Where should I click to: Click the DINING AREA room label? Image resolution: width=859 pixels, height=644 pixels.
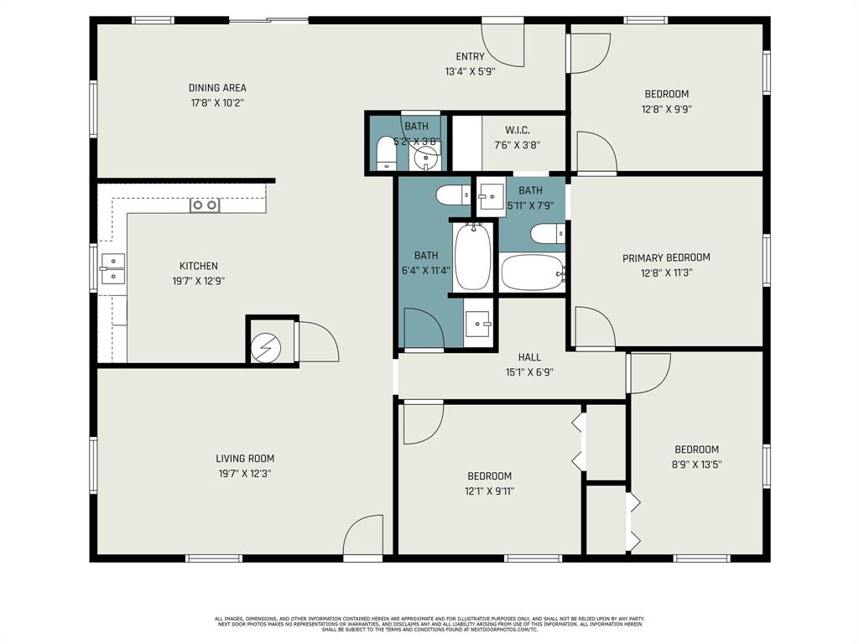217,88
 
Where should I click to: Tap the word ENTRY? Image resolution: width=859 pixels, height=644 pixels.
470,57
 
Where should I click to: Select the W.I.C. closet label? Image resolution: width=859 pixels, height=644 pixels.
516,130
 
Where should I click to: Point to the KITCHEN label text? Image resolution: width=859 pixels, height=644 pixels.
198,267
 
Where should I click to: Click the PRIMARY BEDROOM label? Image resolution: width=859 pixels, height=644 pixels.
666,258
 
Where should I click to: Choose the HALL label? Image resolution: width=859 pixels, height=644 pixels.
528,357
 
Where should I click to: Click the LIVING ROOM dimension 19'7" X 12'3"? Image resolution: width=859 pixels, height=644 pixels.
244,474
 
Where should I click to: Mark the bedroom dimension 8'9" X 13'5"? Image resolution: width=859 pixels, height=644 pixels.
696,465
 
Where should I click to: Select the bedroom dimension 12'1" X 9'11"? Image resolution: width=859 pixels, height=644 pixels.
490,491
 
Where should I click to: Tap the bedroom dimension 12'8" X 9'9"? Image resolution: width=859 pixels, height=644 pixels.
667,109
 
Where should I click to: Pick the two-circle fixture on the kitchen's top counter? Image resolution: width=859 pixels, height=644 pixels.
204,205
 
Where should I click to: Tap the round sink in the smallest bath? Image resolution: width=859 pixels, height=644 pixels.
426,156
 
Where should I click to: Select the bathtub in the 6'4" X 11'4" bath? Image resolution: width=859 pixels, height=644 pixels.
473,255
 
